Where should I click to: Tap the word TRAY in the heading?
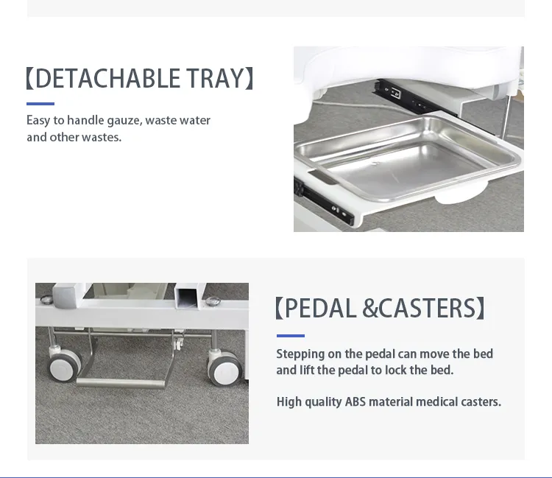click(x=214, y=78)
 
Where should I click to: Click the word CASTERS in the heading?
click(x=427, y=308)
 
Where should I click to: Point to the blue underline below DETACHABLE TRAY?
click(x=40, y=104)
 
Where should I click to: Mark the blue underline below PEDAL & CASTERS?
click(x=290, y=336)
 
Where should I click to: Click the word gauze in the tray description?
click(x=124, y=121)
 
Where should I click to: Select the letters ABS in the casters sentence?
click(x=355, y=402)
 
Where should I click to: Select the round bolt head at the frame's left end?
click(x=46, y=300)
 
